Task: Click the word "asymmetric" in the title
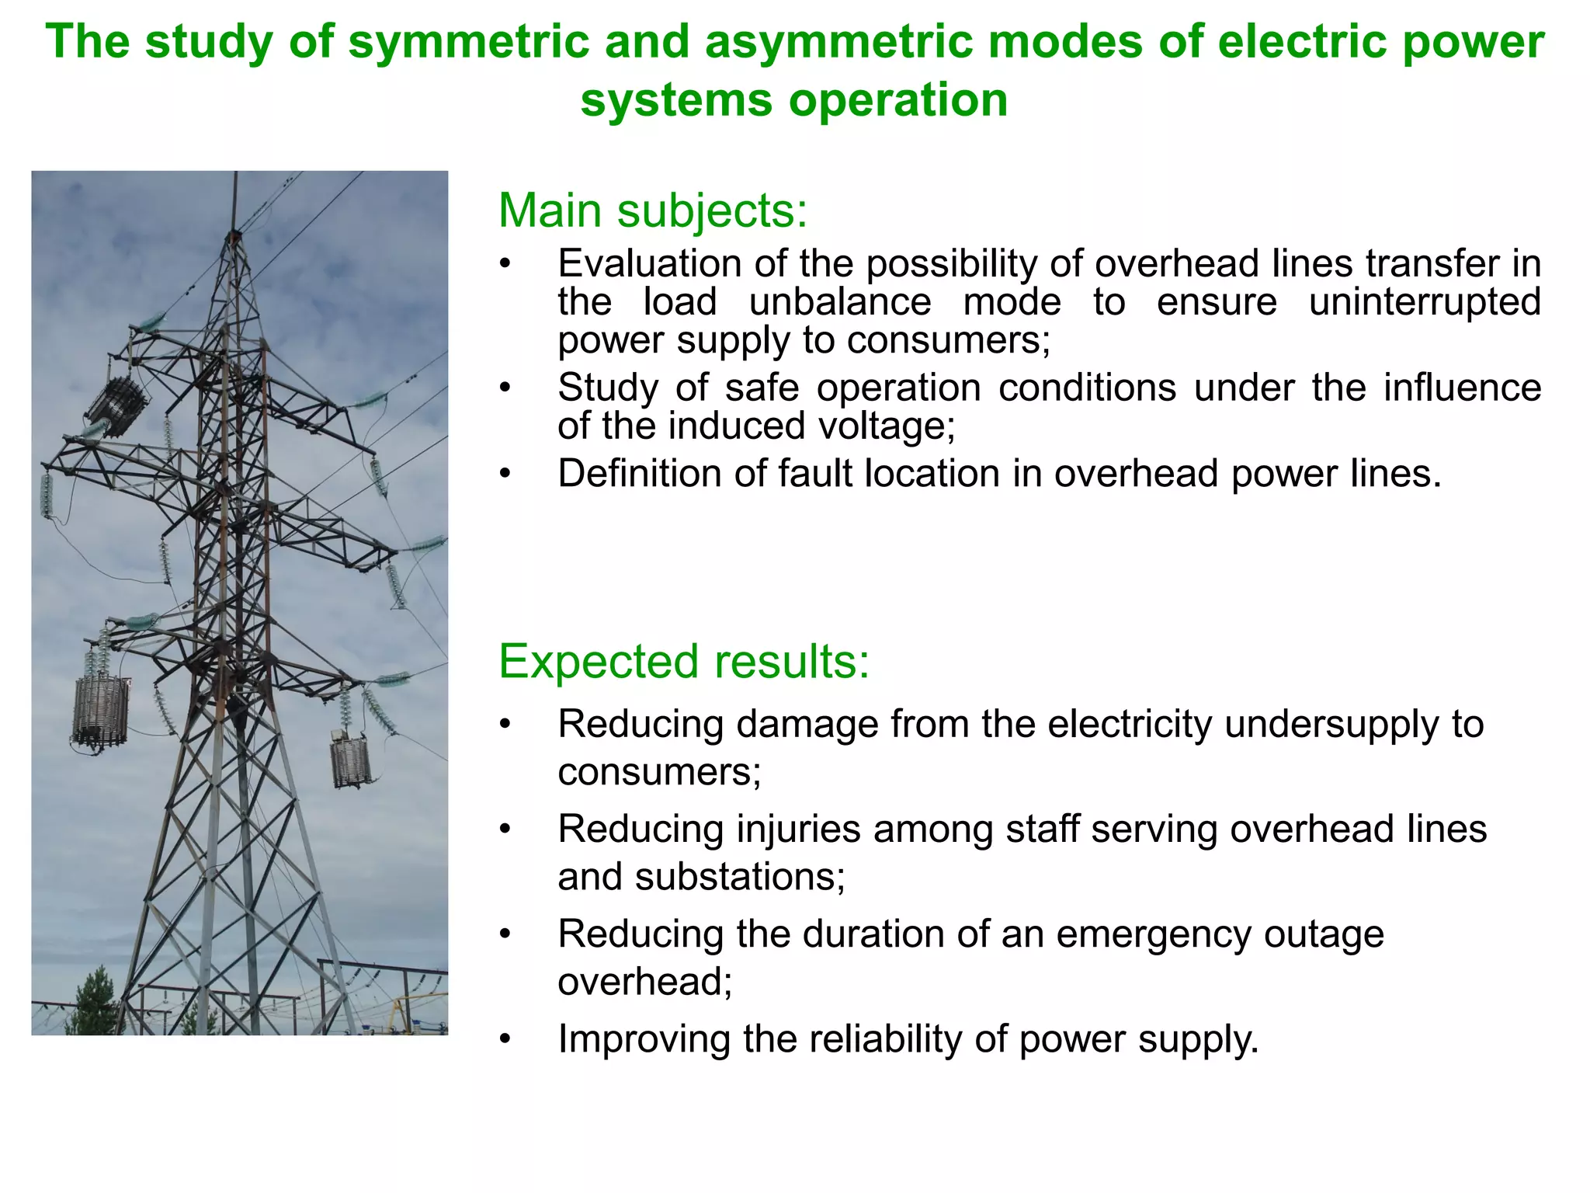[x=838, y=42]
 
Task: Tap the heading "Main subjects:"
[x=653, y=210]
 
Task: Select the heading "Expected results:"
[x=684, y=662]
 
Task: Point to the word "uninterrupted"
[x=1425, y=302]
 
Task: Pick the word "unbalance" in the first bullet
[x=840, y=302]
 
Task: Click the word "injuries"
[x=798, y=829]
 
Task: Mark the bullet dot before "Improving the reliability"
[x=505, y=1039]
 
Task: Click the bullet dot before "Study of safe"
[x=505, y=388]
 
